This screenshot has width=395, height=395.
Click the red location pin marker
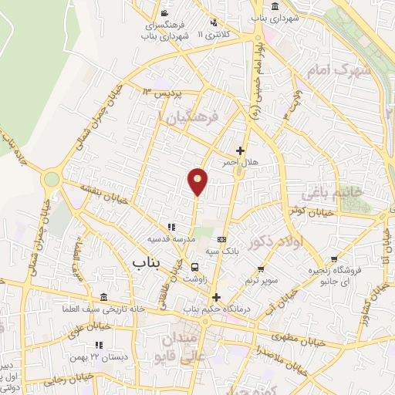[197, 181]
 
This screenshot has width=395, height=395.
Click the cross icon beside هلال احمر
[241, 151]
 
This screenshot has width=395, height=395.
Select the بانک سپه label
[222, 252]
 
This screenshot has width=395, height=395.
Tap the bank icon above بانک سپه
[222, 239]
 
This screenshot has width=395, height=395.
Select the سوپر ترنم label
[261, 280]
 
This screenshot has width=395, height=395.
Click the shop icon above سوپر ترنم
[262, 269]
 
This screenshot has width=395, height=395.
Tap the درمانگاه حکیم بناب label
[216, 309]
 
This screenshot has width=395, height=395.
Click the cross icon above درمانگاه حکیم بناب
[216, 297]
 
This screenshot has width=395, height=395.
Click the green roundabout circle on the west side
[52, 179]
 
